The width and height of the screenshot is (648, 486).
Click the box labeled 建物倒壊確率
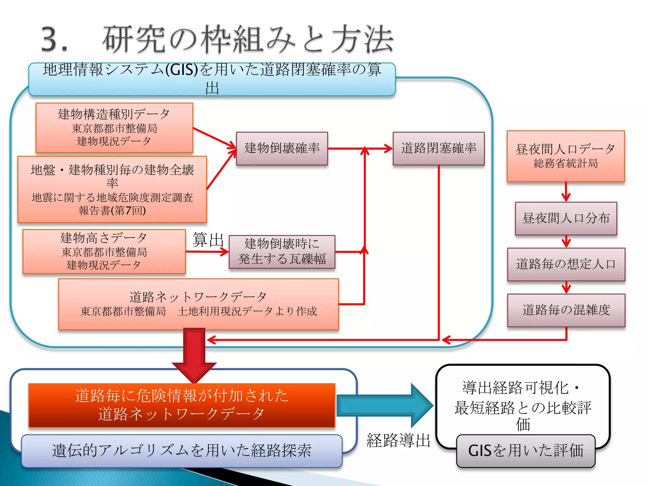pos(282,148)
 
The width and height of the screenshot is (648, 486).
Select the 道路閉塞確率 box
pos(439,148)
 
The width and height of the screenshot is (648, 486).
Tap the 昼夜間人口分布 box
pos(566,218)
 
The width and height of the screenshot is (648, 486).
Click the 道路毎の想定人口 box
pos(566,264)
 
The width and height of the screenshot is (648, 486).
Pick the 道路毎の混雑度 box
pos(566,310)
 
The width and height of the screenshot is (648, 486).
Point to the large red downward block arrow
pos(194,354)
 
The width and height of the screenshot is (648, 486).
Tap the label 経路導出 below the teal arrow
pos(398,440)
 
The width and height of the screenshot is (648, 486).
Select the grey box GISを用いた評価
pos(526,451)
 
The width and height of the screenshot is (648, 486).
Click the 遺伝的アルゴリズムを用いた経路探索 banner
pos(182,451)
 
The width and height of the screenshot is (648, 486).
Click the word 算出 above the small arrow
pos(208,240)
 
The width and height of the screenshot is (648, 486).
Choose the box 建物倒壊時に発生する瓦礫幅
pos(282,252)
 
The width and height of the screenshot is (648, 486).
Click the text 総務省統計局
pos(566,164)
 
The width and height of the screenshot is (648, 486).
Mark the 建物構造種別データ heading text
pos(114,114)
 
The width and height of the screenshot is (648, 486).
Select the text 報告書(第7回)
pos(112,210)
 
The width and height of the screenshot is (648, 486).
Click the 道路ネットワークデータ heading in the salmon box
pos(198,297)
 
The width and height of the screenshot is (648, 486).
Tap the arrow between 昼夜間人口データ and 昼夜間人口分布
pos(566,192)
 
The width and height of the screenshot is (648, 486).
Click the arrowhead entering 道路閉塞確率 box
pos(388,148)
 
